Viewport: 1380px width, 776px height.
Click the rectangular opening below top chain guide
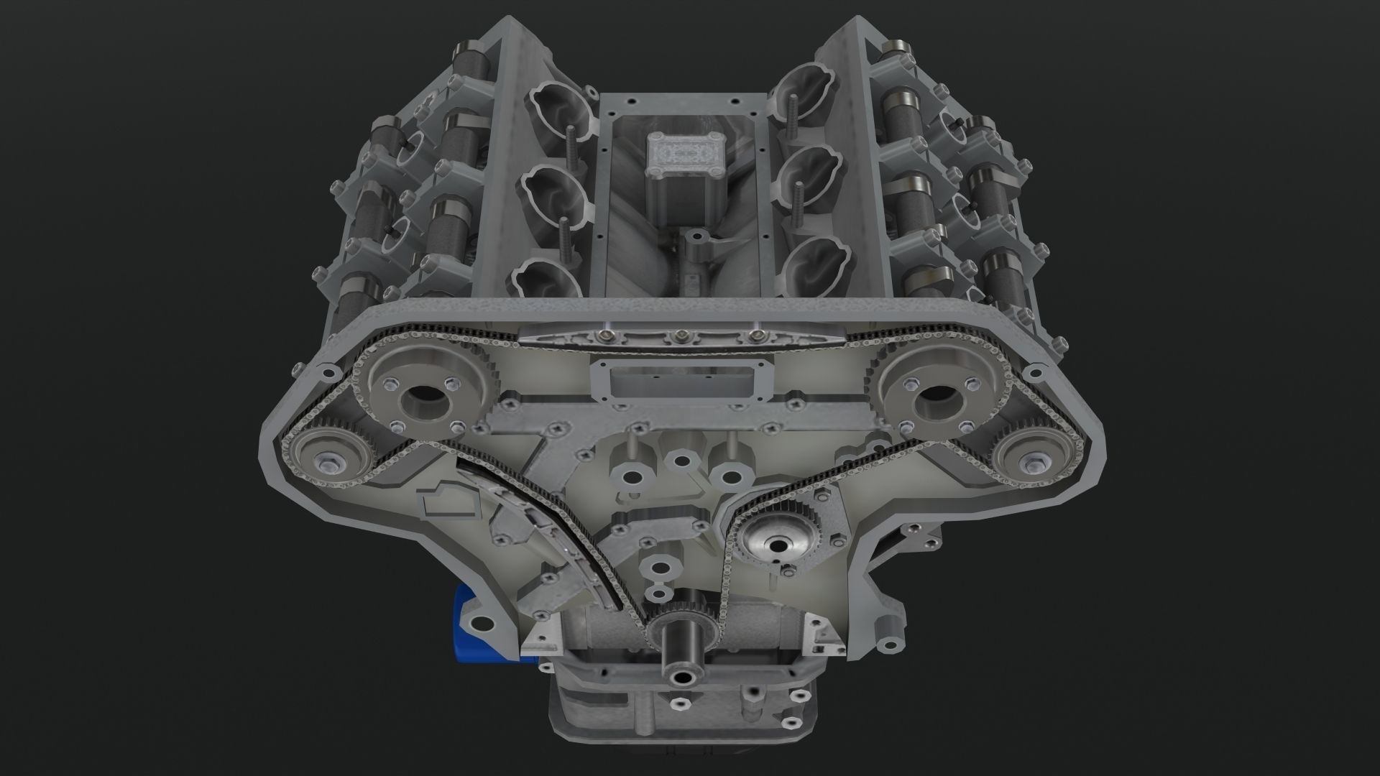click(679, 381)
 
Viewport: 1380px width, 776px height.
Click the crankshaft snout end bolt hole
click(679, 679)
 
